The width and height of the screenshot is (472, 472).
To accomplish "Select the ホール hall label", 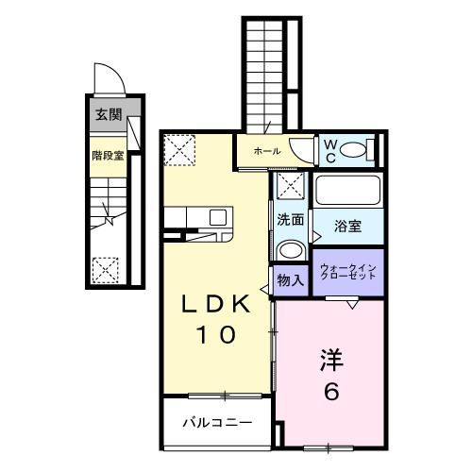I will coord(266,151).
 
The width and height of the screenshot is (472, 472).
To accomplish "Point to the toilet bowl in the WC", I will coord(354,149).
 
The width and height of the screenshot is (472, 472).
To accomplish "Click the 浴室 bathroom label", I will coord(348,226).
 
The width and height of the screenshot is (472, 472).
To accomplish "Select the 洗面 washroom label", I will coord(290,220).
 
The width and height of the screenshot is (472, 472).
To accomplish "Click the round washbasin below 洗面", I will coord(290,249).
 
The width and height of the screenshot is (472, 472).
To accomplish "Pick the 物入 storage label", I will coord(289,280).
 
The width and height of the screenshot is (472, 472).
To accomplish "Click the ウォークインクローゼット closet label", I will coord(348,273).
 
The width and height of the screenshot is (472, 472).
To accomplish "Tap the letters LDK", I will coord(216,305).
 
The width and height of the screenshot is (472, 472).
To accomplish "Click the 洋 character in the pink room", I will coord(330,361).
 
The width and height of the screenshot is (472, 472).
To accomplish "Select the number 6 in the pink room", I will coord(330,392).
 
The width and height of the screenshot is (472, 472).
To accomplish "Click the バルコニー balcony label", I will coord(216,420).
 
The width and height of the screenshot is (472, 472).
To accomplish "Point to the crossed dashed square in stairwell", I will coord(106,270).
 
